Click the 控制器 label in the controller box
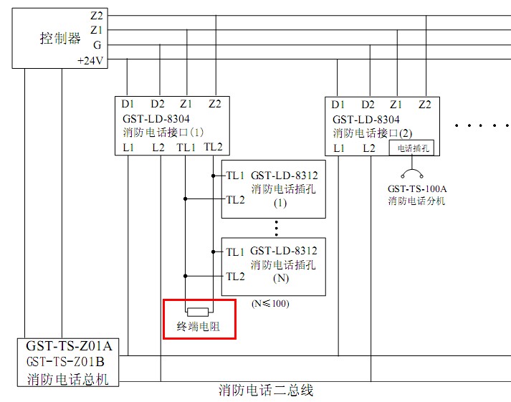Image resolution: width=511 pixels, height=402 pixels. coord(60,39)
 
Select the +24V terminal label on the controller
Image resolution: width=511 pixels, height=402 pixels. coord(91,61)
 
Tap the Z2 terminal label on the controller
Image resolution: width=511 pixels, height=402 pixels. coord(97,15)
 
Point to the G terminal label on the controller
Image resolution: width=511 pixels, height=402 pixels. coord(97,45)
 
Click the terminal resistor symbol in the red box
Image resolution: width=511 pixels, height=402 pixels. coord(199,312)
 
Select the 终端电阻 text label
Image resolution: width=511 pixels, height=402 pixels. coord(199,328)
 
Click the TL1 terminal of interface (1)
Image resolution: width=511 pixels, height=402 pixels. coord(186,147)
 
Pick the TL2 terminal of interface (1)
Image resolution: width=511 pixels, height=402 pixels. coord(213,147)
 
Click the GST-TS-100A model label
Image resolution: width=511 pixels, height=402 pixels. coord(417,189)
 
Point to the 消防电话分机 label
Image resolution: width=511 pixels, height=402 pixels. coord(417,201)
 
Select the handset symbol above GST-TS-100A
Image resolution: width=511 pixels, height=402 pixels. coord(411,173)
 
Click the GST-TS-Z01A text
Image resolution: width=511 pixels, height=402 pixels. coord(69,347)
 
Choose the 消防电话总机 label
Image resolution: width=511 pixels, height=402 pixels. coord(69,378)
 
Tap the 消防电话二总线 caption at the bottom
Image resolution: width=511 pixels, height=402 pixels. coord(266,391)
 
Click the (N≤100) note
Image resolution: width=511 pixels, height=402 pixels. coord(270,303)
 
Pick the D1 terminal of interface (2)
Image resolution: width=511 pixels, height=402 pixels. coord(338,105)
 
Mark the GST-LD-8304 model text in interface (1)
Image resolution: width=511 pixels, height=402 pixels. coord(156,119)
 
